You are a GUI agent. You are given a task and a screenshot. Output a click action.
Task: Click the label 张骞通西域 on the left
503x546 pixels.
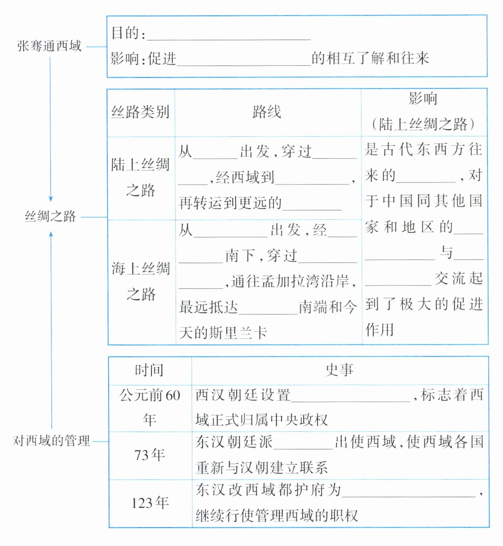pyautogui.click(x=49, y=46)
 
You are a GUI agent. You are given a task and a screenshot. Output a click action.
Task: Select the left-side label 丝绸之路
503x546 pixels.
pyautogui.click(x=50, y=216)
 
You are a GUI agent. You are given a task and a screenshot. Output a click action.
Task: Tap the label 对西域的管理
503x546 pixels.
pyautogui.click(x=51, y=441)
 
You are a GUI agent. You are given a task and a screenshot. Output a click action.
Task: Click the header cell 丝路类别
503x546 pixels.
pyautogui.click(x=140, y=112)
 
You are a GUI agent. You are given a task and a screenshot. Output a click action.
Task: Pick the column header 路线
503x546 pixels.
pyautogui.click(x=267, y=112)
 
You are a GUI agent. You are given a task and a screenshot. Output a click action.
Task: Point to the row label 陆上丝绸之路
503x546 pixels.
pyautogui.click(x=140, y=177)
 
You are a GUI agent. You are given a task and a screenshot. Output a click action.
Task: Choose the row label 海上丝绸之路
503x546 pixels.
pyautogui.click(x=141, y=281)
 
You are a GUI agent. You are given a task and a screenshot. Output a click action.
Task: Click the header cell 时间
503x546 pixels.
pyautogui.click(x=149, y=370)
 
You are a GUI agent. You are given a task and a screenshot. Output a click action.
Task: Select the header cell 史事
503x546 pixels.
pyautogui.click(x=339, y=370)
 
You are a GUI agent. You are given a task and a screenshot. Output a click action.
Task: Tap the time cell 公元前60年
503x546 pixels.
pyautogui.click(x=150, y=407)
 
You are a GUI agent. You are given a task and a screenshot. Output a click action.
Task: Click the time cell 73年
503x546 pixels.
pyautogui.click(x=150, y=455)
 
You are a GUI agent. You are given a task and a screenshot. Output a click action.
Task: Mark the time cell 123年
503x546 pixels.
pyautogui.click(x=150, y=503)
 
